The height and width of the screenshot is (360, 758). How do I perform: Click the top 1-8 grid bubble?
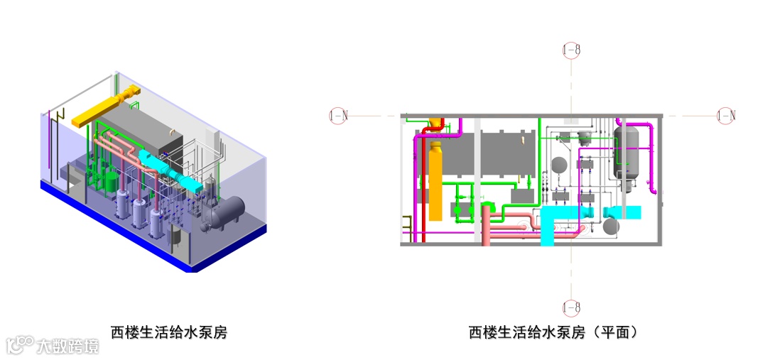pyautogui.click(x=571, y=50)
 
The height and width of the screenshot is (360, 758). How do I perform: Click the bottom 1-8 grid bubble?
pyautogui.click(x=571, y=307)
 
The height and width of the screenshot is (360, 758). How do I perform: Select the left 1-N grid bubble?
pyautogui.click(x=338, y=115)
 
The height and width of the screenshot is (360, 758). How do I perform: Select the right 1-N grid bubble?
pyautogui.click(x=725, y=115)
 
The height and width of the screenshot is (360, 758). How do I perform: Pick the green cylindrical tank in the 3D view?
pyautogui.click(x=109, y=181)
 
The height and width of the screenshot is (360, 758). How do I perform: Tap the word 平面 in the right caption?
pyautogui.click(x=616, y=332)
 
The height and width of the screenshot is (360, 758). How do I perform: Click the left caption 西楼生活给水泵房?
pyautogui.click(x=168, y=332)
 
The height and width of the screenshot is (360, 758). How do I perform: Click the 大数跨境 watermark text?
pyautogui.click(x=69, y=347)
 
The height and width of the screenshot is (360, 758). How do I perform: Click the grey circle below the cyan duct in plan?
pyautogui.click(x=611, y=227)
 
